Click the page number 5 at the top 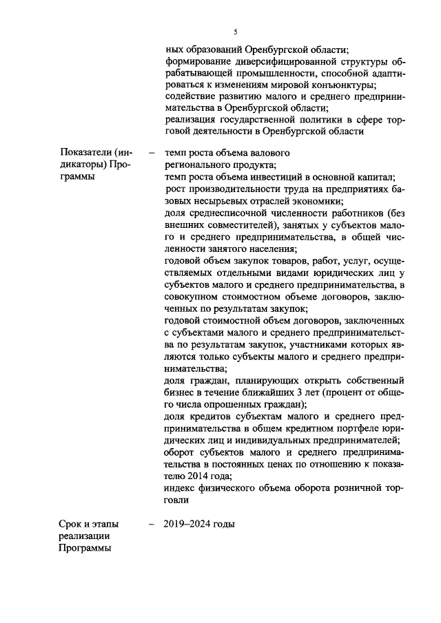(236, 32)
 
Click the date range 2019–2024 (187, 524)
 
